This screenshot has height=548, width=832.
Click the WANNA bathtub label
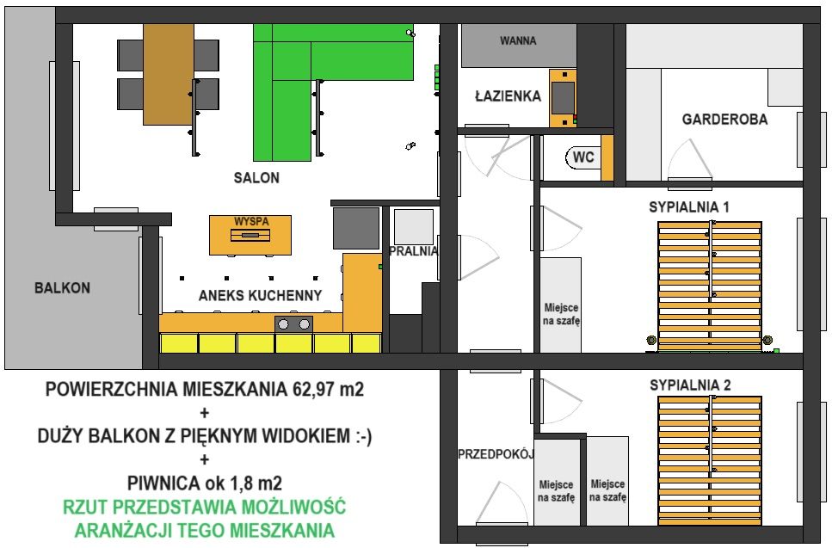518,40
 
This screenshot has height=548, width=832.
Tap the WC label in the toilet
583,158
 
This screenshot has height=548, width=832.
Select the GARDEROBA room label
724,120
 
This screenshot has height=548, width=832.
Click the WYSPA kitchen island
250,234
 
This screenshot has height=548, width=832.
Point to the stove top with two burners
293,324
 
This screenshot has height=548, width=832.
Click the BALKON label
62,288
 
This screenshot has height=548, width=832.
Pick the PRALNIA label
413,252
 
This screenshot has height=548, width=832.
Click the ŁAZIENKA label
508,96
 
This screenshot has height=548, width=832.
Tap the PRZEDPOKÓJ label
496,453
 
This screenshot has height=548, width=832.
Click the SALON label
256,178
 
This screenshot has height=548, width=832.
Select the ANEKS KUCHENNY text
260,296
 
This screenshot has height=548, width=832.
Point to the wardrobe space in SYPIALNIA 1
561,305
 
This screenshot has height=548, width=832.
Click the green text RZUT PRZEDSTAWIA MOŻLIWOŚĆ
205,506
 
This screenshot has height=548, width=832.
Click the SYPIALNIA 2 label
689,385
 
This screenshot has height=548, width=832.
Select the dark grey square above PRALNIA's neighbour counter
356,228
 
